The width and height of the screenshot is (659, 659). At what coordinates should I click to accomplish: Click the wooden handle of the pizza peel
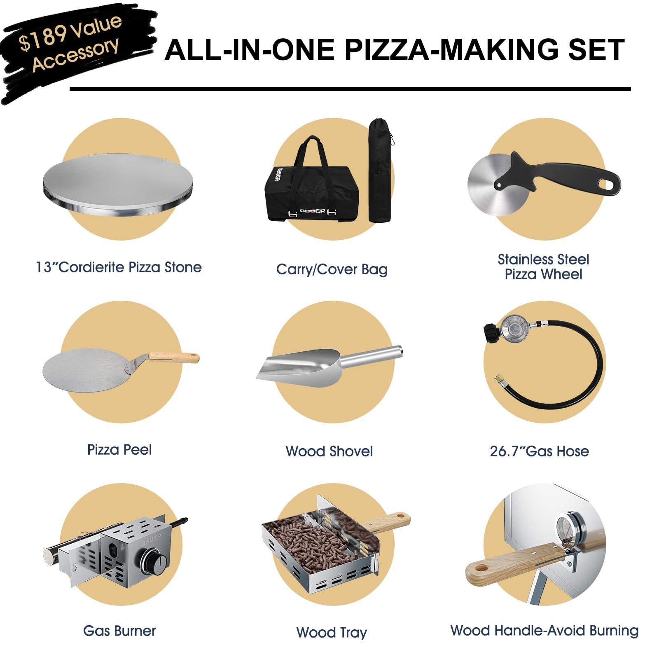pos(173,357)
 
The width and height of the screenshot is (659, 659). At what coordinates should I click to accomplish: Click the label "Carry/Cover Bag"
pos(332,269)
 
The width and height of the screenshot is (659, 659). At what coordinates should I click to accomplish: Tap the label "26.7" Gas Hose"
pos(539,451)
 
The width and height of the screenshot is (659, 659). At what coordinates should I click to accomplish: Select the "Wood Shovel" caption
pos(329,451)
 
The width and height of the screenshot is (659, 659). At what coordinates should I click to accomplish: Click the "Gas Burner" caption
pos(119,631)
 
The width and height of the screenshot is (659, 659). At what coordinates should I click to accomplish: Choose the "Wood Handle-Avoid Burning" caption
pos(544,631)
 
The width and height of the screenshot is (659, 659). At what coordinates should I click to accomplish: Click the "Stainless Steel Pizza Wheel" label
pos(543,267)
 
